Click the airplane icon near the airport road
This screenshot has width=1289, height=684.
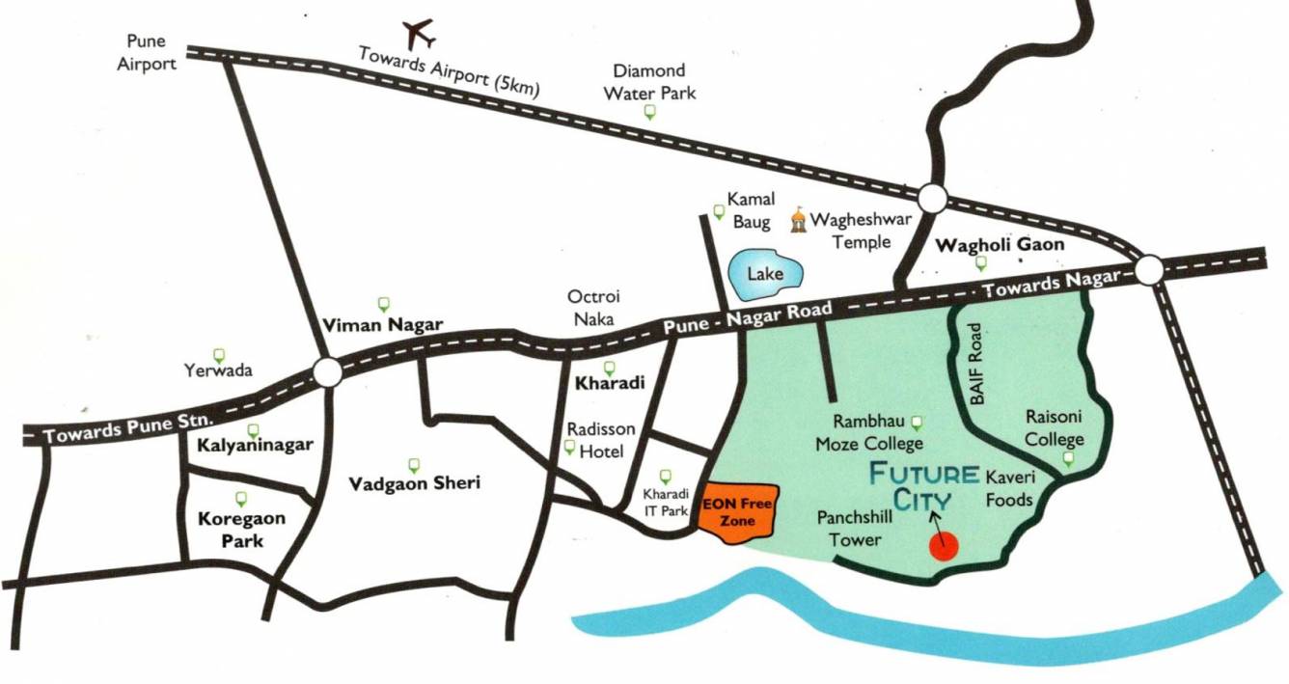pos(420,34)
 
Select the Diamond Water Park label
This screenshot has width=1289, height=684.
pos(649,82)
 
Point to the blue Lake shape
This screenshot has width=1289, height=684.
pos(764,273)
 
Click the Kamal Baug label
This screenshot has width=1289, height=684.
pos(751,210)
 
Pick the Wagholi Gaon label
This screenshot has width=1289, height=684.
pos(1001,244)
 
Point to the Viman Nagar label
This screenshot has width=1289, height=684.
pos(382,324)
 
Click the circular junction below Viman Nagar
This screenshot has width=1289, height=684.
pos(326,371)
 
